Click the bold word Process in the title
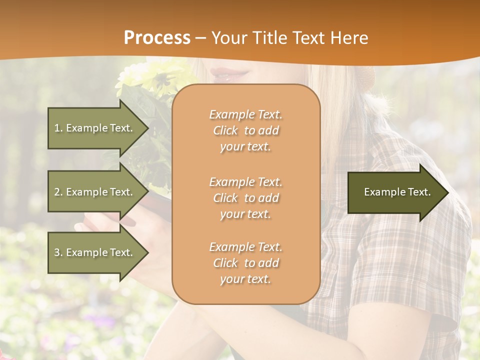157,37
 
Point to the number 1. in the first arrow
58,128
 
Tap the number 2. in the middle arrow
58,192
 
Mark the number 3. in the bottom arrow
58,252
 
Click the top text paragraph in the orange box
245,130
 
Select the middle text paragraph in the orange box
245,198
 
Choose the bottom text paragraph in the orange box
245,263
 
